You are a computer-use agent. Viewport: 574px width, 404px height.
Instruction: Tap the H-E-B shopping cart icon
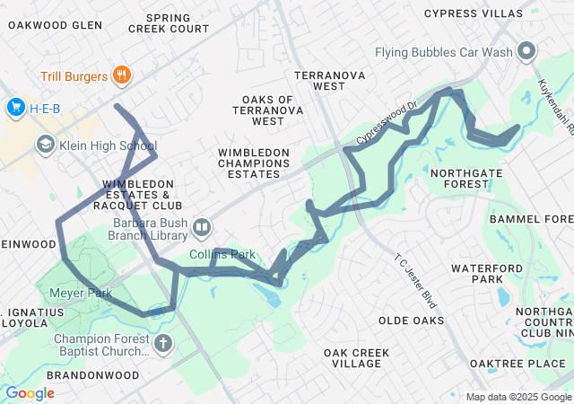tap(15, 109)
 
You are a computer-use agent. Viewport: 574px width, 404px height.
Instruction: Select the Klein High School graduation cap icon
tap(45, 145)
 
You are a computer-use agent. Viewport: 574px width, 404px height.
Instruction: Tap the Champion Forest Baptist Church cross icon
tap(162, 344)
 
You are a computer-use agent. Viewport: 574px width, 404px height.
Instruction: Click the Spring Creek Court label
tap(169, 23)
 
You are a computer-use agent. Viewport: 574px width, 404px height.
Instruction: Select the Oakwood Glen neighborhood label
tap(55, 25)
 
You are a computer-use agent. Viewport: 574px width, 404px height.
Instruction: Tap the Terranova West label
tap(330, 81)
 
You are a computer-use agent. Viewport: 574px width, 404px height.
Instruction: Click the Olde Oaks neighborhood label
tap(412, 321)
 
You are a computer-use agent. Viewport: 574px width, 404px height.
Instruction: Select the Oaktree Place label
tap(521, 363)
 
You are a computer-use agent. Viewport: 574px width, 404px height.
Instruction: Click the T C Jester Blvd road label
tap(415, 279)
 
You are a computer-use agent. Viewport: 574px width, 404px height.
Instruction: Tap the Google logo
tap(30, 393)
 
